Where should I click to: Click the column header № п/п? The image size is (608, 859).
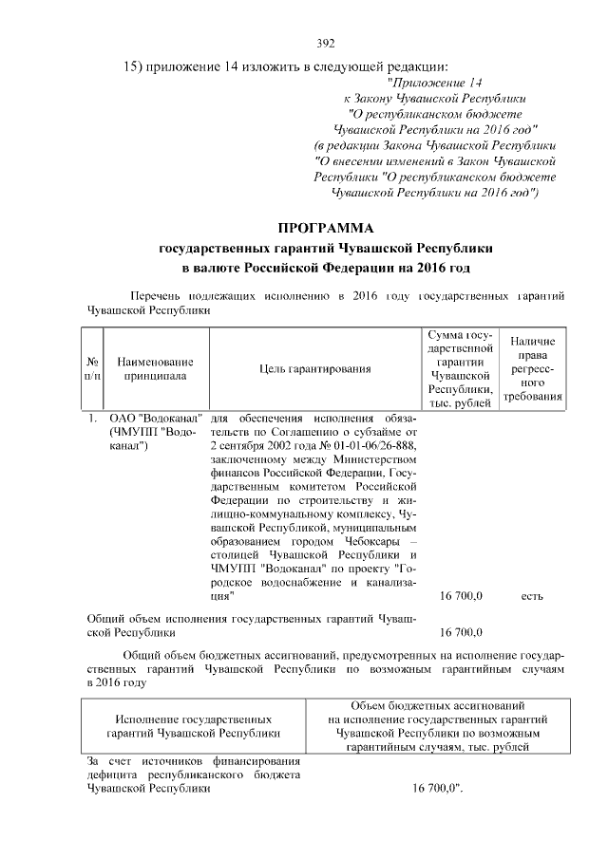tap(94, 368)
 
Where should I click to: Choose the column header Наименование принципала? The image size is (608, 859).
tap(155, 368)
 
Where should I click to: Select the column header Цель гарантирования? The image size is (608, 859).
tap(313, 368)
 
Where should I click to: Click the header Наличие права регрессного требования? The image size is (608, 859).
tap(533, 368)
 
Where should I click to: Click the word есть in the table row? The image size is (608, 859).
tap(532, 597)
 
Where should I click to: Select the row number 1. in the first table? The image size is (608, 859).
tap(92, 419)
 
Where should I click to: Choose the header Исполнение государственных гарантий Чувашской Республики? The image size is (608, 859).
tap(193, 726)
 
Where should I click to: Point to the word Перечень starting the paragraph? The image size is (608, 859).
tap(156, 295)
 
